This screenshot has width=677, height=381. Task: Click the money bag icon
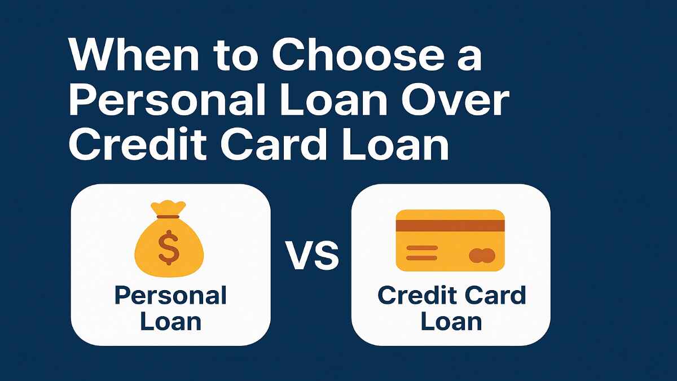[169, 246]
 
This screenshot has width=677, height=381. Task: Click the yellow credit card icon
[450, 240]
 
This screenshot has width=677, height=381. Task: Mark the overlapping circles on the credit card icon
[482, 256]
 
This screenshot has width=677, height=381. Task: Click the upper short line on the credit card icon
[421, 248]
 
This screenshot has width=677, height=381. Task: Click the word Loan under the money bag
[170, 322]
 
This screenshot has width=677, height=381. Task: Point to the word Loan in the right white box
[451, 322]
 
